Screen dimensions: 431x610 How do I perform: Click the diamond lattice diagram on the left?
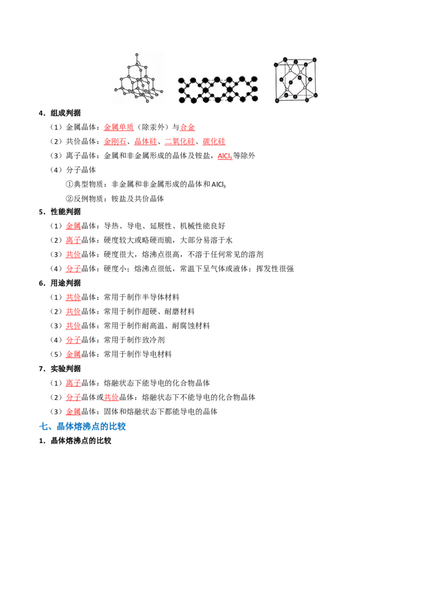click(138, 78)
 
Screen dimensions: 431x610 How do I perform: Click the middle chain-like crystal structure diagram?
click(218, 90)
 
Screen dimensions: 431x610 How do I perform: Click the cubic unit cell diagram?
click(296, 80)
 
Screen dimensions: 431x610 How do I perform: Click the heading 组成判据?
click(66, 113)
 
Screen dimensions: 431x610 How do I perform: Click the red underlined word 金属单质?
click(119, 127)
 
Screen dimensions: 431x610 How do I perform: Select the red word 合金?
click(187, 127)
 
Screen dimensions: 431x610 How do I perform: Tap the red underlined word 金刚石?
click(115, 142)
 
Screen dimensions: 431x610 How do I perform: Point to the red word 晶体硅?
click(145, 142)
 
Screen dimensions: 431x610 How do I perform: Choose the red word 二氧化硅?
click(180, 142)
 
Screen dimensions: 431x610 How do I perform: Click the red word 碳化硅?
click(214, 142)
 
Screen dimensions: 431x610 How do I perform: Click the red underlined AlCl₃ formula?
click(225, 156)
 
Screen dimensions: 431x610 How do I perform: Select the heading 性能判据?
click(66, 212)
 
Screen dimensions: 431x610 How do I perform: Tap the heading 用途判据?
click(66, 283)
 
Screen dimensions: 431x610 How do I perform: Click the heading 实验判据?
click(66, 369)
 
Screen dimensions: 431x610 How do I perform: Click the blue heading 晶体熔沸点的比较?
click(91, 426)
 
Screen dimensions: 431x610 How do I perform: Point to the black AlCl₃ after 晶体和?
click(219, 184)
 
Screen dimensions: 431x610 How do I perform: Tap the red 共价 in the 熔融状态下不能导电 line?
click(111, 397)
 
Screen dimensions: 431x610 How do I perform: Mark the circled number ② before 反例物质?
click(69, 199)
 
